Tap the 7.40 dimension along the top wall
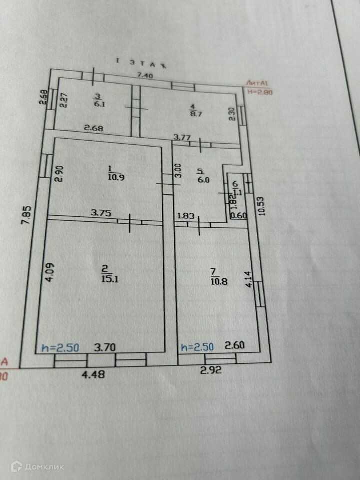point(145,75)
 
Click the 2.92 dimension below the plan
point(211,371)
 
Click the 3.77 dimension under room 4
point(182,137)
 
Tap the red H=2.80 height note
point(260,91)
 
